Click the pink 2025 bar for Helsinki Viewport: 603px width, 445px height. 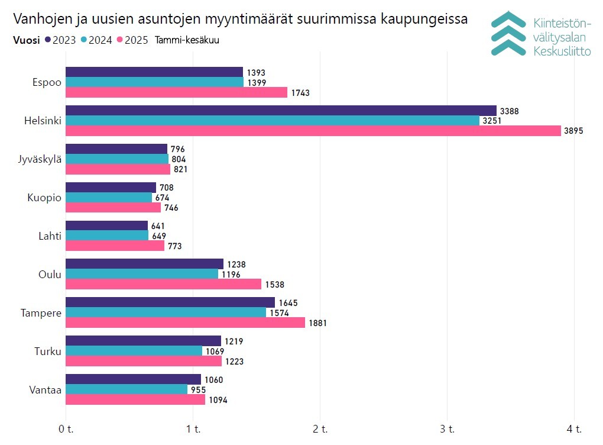point(313,131)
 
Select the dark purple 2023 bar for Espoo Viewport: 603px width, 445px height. point(154,72)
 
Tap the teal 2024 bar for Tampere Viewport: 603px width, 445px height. point(166,312)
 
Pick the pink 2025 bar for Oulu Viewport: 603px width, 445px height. point(163,285)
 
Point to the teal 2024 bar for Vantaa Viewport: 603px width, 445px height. point(126,389)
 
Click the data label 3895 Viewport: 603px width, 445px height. point(574,131)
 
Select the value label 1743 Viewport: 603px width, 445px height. point(300,93)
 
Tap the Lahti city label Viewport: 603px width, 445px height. point(50,236)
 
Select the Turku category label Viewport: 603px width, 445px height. point(48,352)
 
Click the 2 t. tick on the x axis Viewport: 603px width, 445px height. point(320,428)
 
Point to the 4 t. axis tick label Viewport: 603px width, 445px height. point(574,428)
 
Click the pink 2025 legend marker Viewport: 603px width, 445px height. point(119,40)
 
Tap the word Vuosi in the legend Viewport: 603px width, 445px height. point(26,40)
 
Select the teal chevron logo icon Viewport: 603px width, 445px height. point(509,33)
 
